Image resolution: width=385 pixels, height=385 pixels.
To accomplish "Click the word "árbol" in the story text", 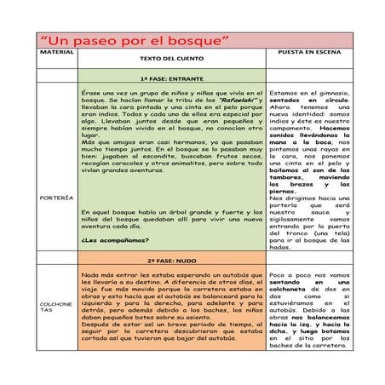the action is pyautogui.click(x=171, y=211).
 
